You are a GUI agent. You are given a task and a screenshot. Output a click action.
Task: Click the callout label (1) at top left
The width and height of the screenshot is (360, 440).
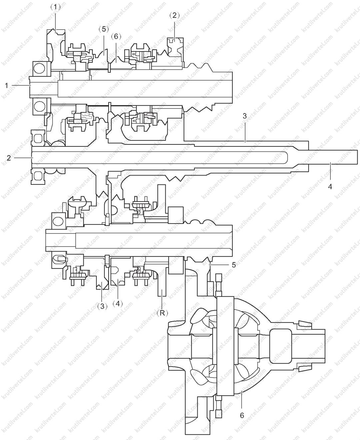[55, 8]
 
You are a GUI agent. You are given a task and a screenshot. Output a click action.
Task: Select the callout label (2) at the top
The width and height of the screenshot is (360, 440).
[174, 15]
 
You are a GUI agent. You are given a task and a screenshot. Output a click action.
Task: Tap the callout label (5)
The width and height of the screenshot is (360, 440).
[104, 29]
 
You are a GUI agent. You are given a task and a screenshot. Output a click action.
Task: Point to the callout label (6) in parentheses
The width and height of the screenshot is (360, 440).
[116, 37]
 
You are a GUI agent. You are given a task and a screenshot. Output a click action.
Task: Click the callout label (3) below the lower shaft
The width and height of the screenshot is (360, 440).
[102, 307]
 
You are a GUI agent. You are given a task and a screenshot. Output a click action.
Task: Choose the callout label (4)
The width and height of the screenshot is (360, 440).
[118, 304]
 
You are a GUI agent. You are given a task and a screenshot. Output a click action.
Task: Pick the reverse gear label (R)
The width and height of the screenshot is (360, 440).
[162, 313]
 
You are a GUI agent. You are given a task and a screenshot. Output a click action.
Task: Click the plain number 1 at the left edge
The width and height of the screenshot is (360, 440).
[7, 85]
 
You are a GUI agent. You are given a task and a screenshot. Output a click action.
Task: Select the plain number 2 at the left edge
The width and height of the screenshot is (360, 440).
[9, 158]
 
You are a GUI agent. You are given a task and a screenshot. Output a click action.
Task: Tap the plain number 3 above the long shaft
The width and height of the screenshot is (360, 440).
[245, 116]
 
